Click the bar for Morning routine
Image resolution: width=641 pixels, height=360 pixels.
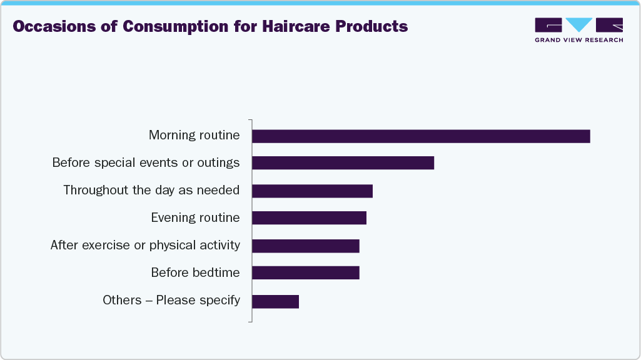(421, 136)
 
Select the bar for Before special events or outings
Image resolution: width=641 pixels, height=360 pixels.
(343, 163)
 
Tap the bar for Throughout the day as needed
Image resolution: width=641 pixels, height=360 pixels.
(312, 191)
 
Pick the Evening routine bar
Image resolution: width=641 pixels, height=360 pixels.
(309, 218)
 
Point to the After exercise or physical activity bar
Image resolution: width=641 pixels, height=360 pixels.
(306, 246)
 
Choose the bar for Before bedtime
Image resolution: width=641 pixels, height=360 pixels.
(306, 273)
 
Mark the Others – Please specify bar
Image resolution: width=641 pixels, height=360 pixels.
(275, 301)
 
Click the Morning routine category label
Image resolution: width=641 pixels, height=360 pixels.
(194, 135)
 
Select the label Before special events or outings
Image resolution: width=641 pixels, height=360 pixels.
(146, 162)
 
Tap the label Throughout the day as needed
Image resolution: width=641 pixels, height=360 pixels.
(151, 190)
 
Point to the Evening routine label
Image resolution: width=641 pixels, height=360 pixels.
(195, 217)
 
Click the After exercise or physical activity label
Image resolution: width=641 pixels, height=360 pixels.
(145, 245)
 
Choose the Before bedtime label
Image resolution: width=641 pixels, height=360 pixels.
(195, 272)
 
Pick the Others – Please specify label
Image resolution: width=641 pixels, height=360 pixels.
(171, 300)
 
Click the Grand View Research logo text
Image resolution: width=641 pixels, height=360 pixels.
(578, 40)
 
